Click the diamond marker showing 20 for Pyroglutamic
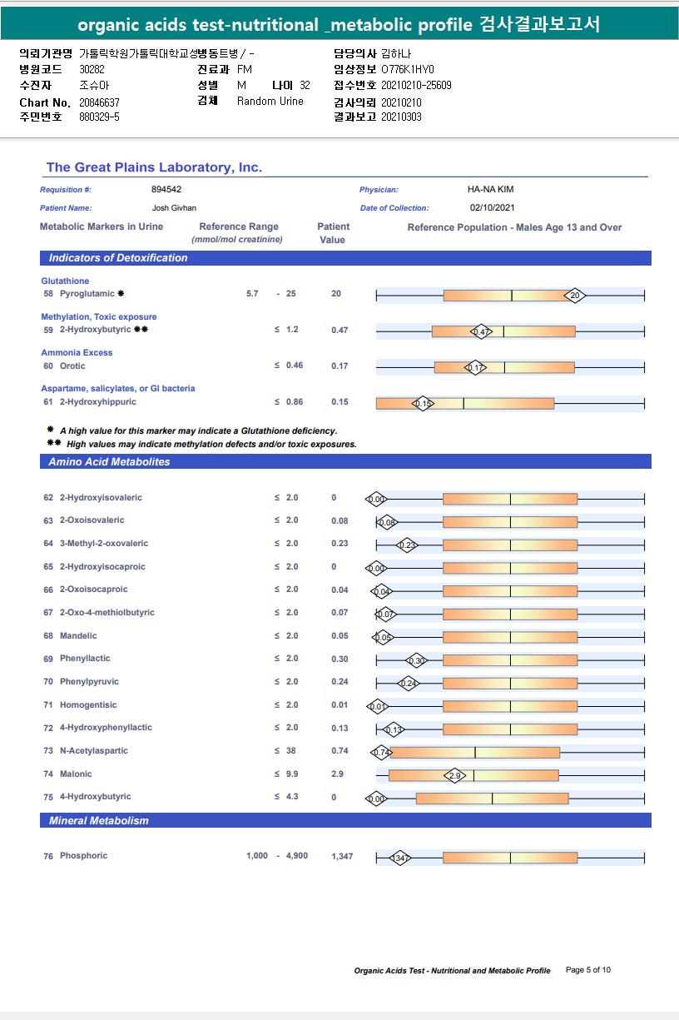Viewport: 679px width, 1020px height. [574, 295]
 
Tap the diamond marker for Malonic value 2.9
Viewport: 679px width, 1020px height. [454, 775]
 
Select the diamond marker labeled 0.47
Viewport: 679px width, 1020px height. [481, 331]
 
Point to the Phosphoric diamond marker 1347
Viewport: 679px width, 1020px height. [399, 858]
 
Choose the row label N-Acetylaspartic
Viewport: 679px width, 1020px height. [93, 751]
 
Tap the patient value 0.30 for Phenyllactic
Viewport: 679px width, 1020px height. [339, 659]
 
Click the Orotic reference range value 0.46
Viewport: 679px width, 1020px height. [295, 366]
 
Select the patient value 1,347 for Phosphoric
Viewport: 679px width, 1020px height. [342, 857]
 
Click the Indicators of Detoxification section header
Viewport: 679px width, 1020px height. [118, 258]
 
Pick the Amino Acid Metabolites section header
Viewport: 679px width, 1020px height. [109, 462]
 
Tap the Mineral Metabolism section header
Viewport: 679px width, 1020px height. [98, 821]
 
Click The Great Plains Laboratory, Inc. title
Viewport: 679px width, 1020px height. [154, 167]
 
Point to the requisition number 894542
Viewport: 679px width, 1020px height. [166, 190]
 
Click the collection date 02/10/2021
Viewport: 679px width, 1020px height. [493, 208]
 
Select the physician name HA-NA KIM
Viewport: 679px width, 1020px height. [491, 190]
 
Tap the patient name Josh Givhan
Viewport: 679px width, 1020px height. [174, 208]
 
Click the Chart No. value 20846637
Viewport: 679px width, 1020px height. [99, 102]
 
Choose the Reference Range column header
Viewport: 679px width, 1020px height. [239, 227]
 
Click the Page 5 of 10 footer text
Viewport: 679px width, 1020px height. [588, 970]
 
